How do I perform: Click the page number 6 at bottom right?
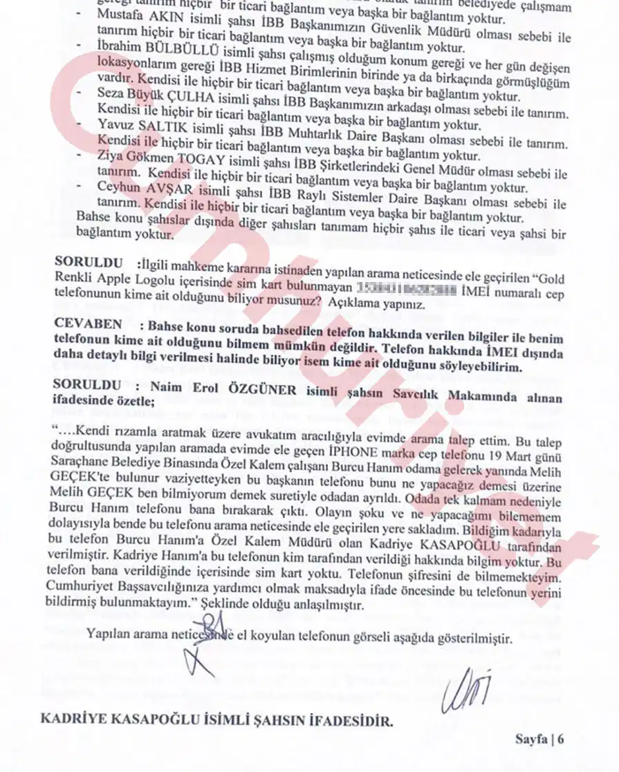561,739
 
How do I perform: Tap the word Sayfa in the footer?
531,739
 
